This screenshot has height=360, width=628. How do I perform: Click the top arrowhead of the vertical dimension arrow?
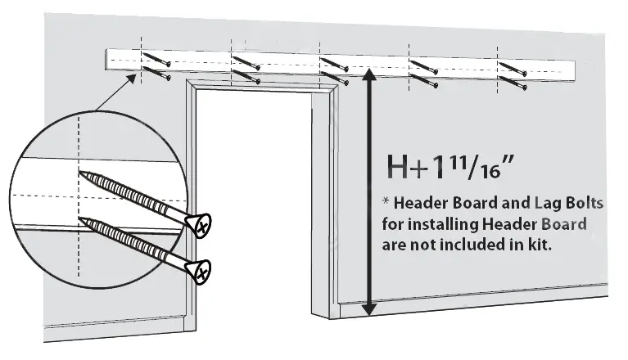click(368, 74)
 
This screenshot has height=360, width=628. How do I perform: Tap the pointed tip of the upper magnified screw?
click(82, 173)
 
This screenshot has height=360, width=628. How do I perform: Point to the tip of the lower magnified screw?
click(82, 218)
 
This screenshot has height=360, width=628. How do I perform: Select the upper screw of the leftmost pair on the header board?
click(155, 61)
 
